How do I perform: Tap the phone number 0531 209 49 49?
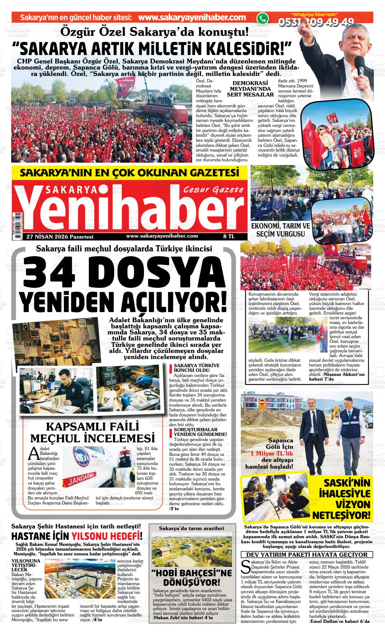[316, 22]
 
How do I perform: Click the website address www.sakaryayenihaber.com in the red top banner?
[192, 18]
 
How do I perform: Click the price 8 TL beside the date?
[229, 237]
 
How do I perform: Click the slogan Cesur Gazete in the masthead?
[213, 190]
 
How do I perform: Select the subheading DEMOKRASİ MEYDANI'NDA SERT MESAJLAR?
[250, 89]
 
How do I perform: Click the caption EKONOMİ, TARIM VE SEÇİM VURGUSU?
[281, 230]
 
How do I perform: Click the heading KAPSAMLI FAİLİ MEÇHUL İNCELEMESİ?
[92, 432]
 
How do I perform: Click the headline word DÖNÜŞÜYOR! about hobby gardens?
[191, 583]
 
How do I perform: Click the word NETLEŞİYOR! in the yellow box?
[341, 516]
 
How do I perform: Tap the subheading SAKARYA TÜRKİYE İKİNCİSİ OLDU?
[196, 367]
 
